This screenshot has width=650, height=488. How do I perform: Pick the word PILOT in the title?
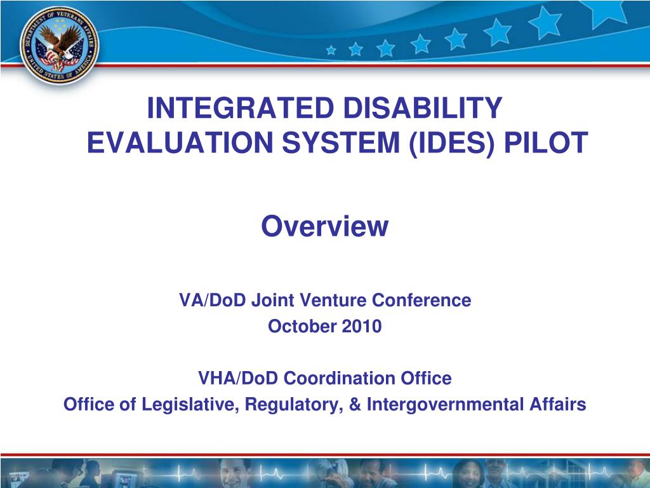(x=545, y=143)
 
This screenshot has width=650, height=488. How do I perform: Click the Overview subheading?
(x=324, y=226)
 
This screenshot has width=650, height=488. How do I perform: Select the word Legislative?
(x=188, y=405)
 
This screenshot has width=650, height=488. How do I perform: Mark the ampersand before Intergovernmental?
(x=354, y=405)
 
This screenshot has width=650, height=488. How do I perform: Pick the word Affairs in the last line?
(x=558, y=405)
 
